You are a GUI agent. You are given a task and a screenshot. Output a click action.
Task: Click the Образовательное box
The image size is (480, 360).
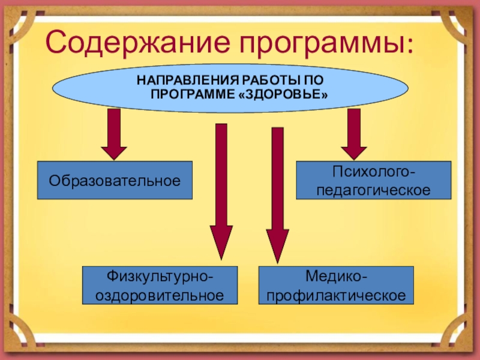point(115,180)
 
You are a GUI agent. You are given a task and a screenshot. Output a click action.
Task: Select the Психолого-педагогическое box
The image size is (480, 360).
point(374,180)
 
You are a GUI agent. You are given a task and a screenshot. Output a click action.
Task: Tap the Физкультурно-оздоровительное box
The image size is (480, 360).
point(160,285)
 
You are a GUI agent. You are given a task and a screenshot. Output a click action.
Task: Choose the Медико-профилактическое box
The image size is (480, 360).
point(336,285)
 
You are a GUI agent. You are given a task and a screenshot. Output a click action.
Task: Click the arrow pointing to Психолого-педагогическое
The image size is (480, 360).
point(354,134)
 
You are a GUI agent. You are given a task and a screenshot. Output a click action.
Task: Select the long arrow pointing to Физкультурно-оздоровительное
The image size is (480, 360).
point(221,192)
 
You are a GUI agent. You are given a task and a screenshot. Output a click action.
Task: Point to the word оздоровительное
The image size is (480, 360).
point(160,295)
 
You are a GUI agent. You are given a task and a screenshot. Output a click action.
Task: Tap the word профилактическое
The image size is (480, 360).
point(336,295)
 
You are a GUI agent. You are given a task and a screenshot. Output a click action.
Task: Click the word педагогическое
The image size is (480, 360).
point(374,190)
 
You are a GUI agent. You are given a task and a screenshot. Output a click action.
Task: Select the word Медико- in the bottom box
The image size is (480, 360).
point(336,277)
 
